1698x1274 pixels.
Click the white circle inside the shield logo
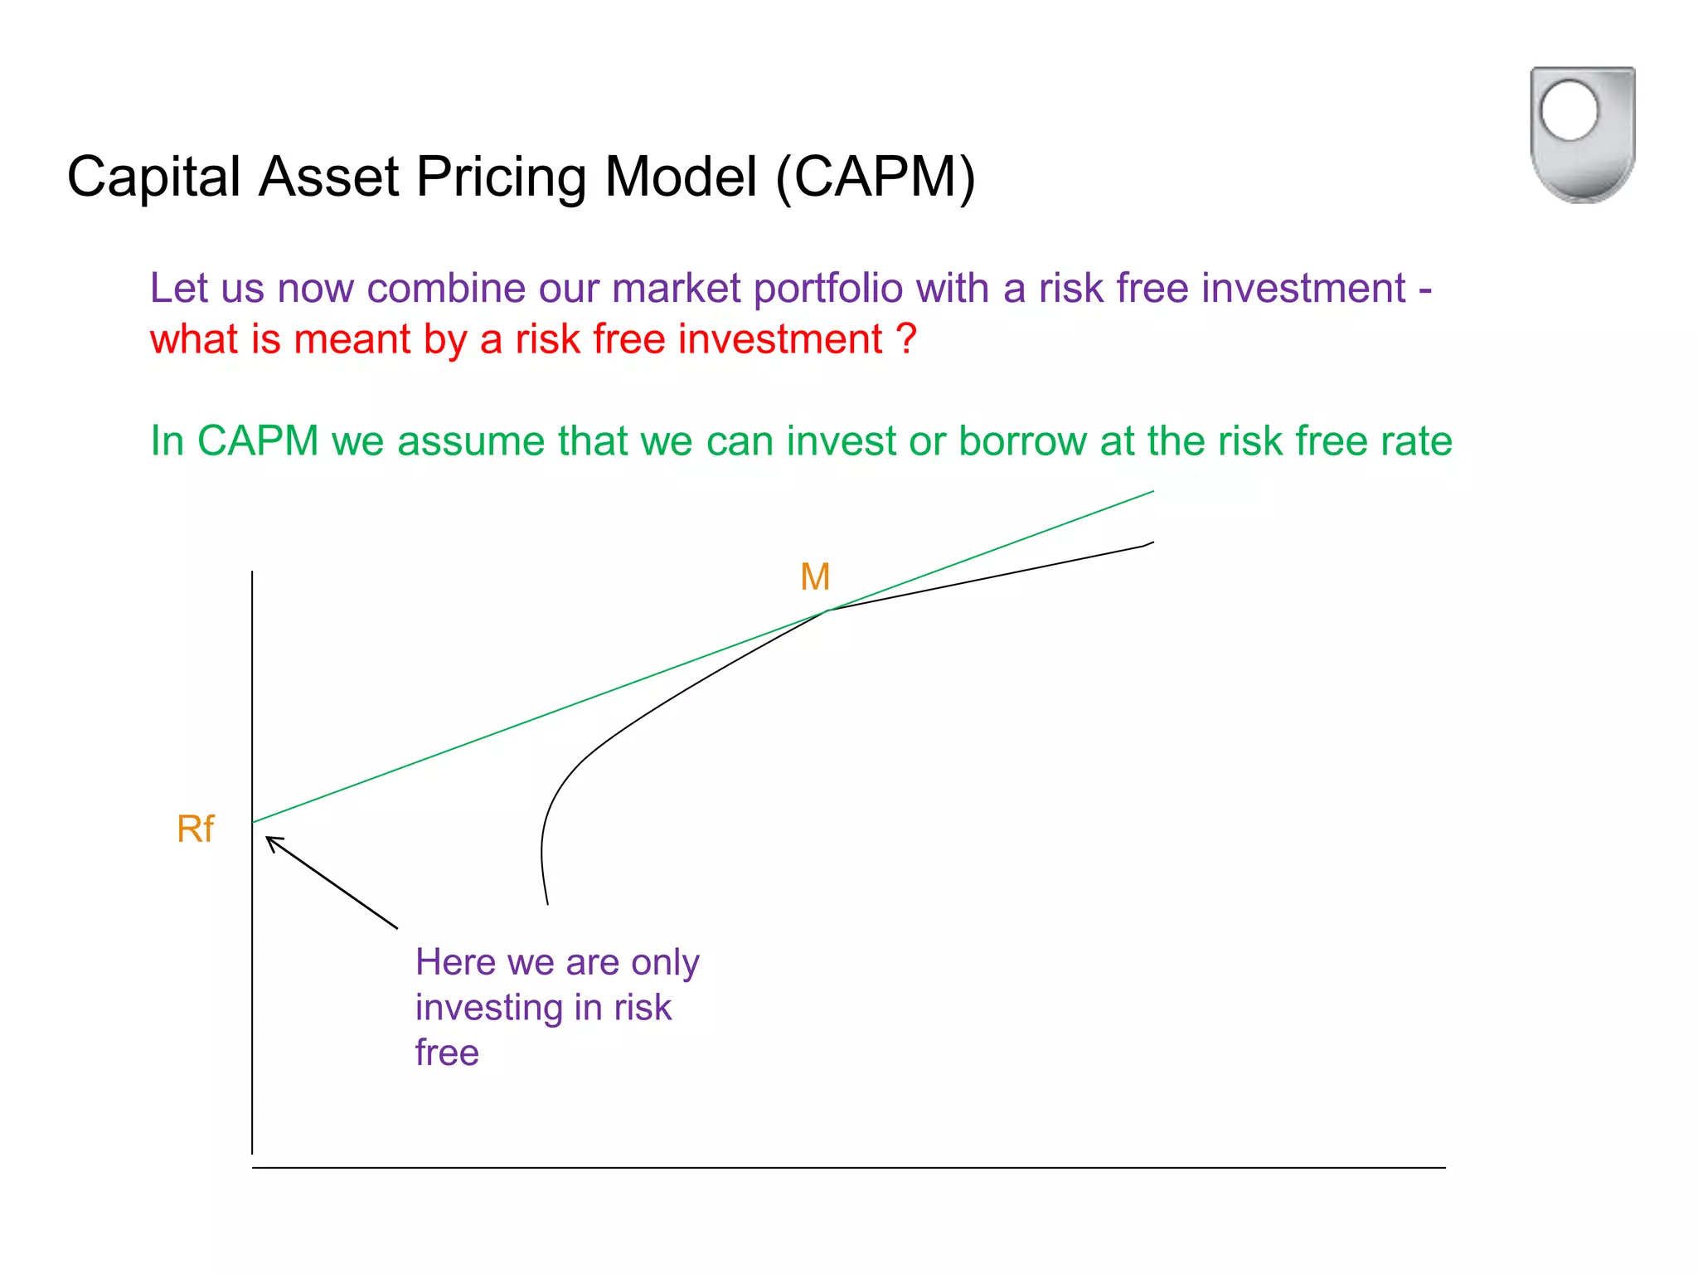[x=1569, y=110]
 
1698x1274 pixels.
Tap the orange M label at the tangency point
[x=815, y=576]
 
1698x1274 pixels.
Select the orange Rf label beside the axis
[x=196, y=829]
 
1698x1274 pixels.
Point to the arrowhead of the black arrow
[x=269, y=839]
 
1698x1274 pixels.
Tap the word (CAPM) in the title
[x=876, y=177]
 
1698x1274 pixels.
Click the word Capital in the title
[x=153, y=177]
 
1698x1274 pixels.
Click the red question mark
[x=907, y=339]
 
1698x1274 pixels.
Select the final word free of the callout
[x=447, y=1053]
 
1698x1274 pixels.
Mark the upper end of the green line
[x=1152, y=492]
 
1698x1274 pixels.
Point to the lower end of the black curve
[x=547, y=903]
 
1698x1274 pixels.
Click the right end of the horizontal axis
[x=1443, y=1168]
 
